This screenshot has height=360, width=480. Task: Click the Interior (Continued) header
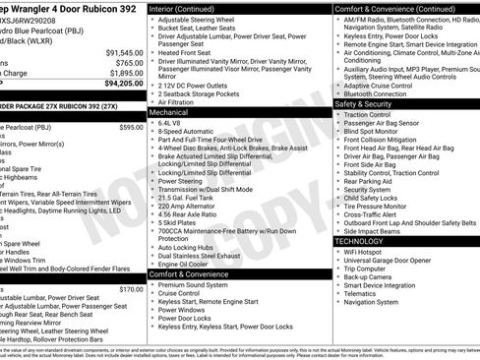pos(190,8)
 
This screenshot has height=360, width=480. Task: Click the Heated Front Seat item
pos(190,53)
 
